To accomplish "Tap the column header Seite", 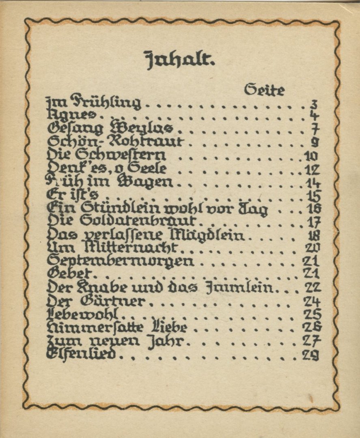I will pyautogui.click(x=264, y=90).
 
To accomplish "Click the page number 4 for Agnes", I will pyautogui.click(x=313, y=116).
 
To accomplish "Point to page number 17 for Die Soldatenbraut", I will pyautogui.click(x=313, y=222).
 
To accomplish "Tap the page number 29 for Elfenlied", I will pyautogui.click(x=311, y=355).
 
